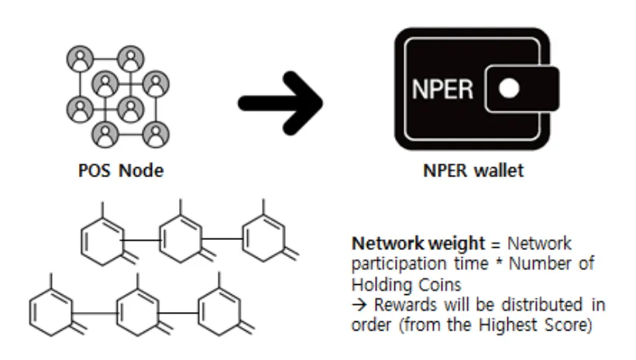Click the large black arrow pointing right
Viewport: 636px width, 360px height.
[280, 103]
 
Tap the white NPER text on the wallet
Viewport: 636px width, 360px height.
[442, 89]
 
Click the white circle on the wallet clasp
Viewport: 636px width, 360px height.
[509, 88]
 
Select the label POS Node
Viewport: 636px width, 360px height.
[121, 170]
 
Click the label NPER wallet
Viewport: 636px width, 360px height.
[473, 170]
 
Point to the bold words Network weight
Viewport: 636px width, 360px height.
[418, 244]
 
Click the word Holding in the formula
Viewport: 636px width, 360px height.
[376, 284]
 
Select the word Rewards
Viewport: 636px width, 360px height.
[405, 305]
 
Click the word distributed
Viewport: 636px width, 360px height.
[542, 304]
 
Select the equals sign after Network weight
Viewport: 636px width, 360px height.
[496, 245]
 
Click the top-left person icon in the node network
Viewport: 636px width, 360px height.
[80, 58]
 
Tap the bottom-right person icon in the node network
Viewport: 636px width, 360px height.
[156, 134]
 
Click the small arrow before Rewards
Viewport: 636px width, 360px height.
[359, 305]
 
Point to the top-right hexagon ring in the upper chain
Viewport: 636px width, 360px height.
[263, 238]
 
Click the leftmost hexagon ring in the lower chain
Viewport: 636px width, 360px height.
[51, 313]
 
